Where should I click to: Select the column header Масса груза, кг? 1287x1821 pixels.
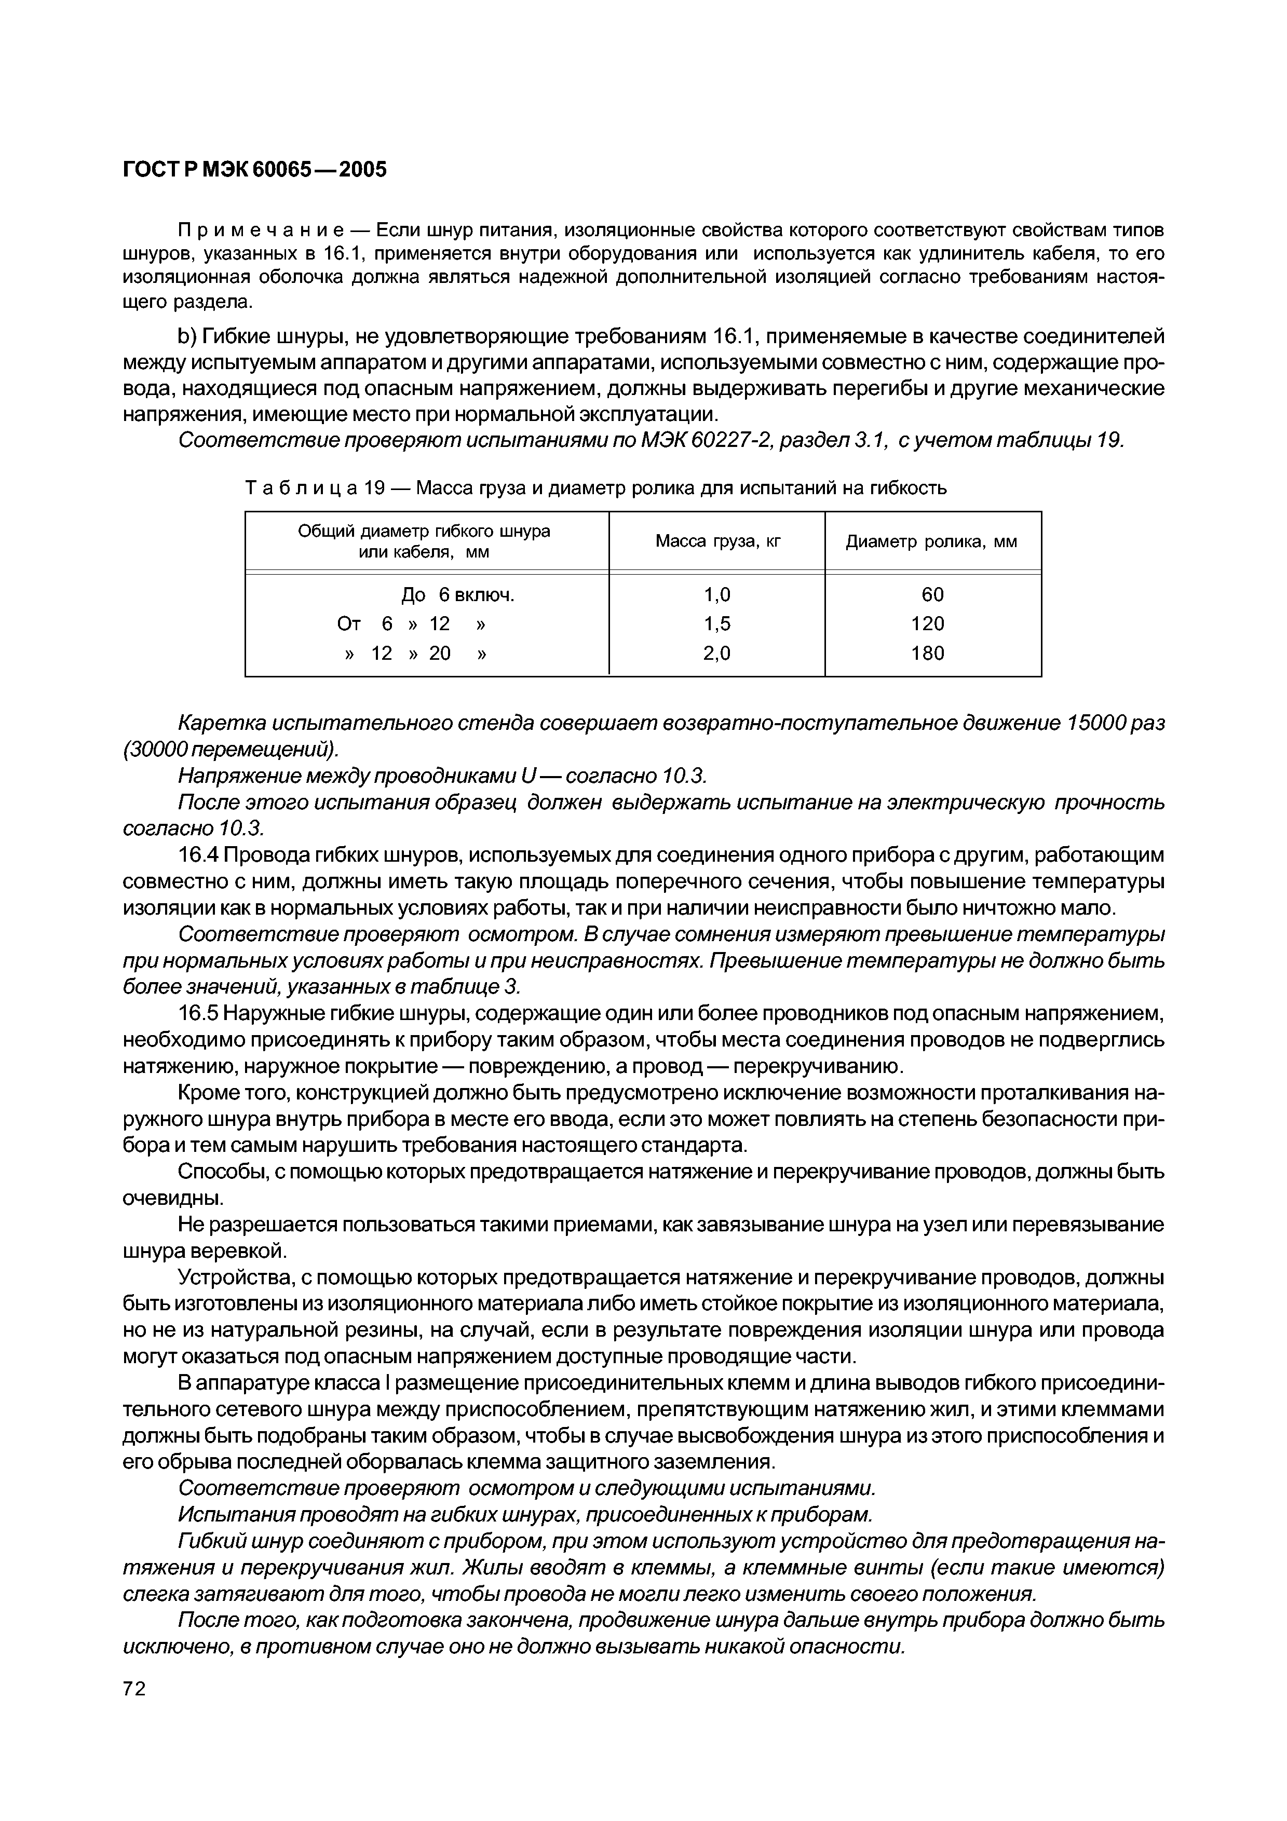tap(717, 542)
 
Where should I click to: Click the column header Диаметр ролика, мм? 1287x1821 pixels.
tap(932, 542)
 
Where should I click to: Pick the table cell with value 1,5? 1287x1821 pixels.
tap(717, 624)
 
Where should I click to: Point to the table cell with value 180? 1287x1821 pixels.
tap(928, 654)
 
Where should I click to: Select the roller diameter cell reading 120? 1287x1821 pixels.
tap(928, 624)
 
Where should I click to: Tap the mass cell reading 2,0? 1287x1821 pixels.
tap(717, 654)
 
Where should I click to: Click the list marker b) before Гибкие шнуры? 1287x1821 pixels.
tap(187, 337)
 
